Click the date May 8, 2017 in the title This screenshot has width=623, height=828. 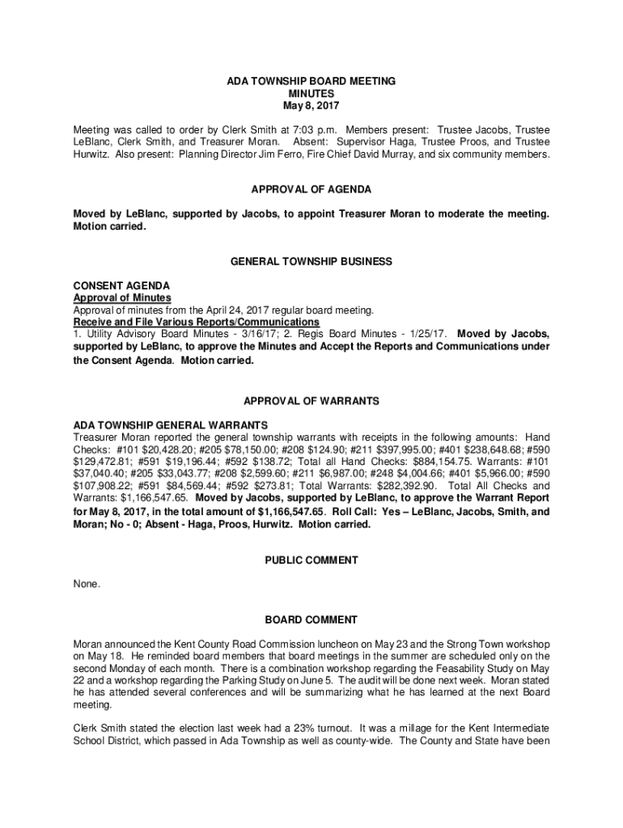point(311,106)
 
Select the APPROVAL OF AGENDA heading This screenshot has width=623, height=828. point(311,189)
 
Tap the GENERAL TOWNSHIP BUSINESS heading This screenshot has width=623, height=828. point(311,262)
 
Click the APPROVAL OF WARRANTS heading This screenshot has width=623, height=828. point(311,401)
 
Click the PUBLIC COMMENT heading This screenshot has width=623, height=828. point(311,560)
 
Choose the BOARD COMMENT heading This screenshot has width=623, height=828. point(311,620)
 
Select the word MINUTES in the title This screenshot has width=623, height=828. point(311,94)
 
